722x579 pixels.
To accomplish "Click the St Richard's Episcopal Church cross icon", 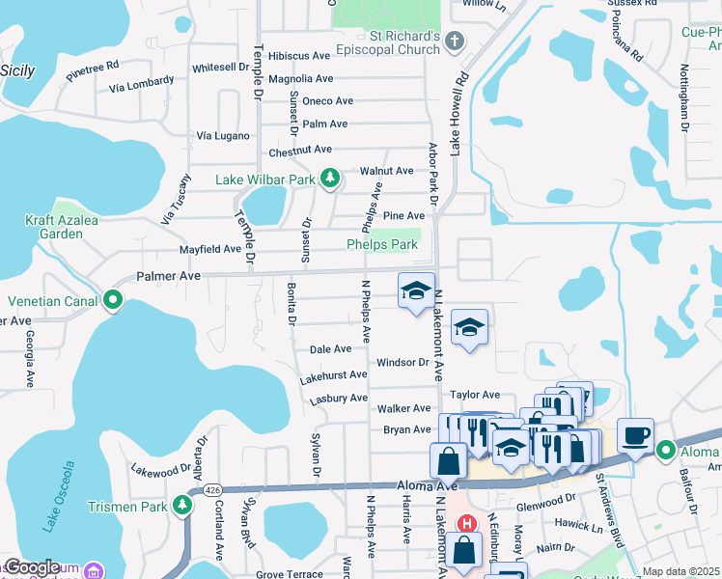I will click(457, 41).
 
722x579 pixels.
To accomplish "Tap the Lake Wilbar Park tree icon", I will click(330, 179).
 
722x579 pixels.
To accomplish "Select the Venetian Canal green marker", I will click(113, 301).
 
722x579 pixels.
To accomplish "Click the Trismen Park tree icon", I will click(182, 506).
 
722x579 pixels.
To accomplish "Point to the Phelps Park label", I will click(382, 245).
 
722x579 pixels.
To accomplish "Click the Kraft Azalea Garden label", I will click(62, 227).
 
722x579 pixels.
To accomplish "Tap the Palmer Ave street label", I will click(168, 276).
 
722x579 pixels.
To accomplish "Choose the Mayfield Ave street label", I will click(210, 249).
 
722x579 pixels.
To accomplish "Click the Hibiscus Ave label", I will click(300, 57).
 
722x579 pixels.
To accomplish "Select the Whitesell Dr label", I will click(220, 68).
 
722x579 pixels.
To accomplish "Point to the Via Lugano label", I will click(223, 136).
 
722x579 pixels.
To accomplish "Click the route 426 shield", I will click(211, 490).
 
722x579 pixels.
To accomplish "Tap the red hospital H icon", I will click(467, 524).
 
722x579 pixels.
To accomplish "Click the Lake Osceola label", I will click(58, 498).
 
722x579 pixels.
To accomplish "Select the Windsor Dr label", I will click(402, 363).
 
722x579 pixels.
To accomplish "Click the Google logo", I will click(32, 568).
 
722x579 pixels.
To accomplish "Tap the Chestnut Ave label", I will click(300, 150).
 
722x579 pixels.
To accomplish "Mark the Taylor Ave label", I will click(475, 395).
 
